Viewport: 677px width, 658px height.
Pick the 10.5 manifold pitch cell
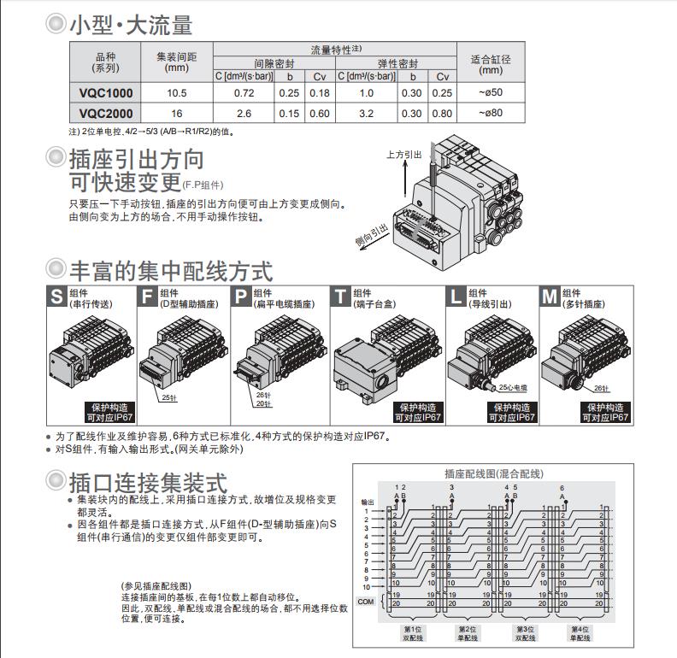pos(177,92)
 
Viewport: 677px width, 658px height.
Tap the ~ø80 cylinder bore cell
pos(491,112)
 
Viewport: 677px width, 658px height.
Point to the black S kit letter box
pos(56,297)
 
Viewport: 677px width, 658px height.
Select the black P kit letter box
pos(242,297)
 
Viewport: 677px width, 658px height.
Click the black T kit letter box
pos(341,297)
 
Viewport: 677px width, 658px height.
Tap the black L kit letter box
pos(456,297)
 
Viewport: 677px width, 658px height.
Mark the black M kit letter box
pos(549,297)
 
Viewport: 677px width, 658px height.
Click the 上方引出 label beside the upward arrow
pos(403,155)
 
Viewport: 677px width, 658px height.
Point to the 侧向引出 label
pos(372,232)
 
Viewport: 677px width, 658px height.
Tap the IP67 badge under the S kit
pos(109,413)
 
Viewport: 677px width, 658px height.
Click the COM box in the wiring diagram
pos(366,602)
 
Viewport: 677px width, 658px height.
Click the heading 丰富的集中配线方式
pos(171,272)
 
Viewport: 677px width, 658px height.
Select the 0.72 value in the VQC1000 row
pos(244,92)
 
